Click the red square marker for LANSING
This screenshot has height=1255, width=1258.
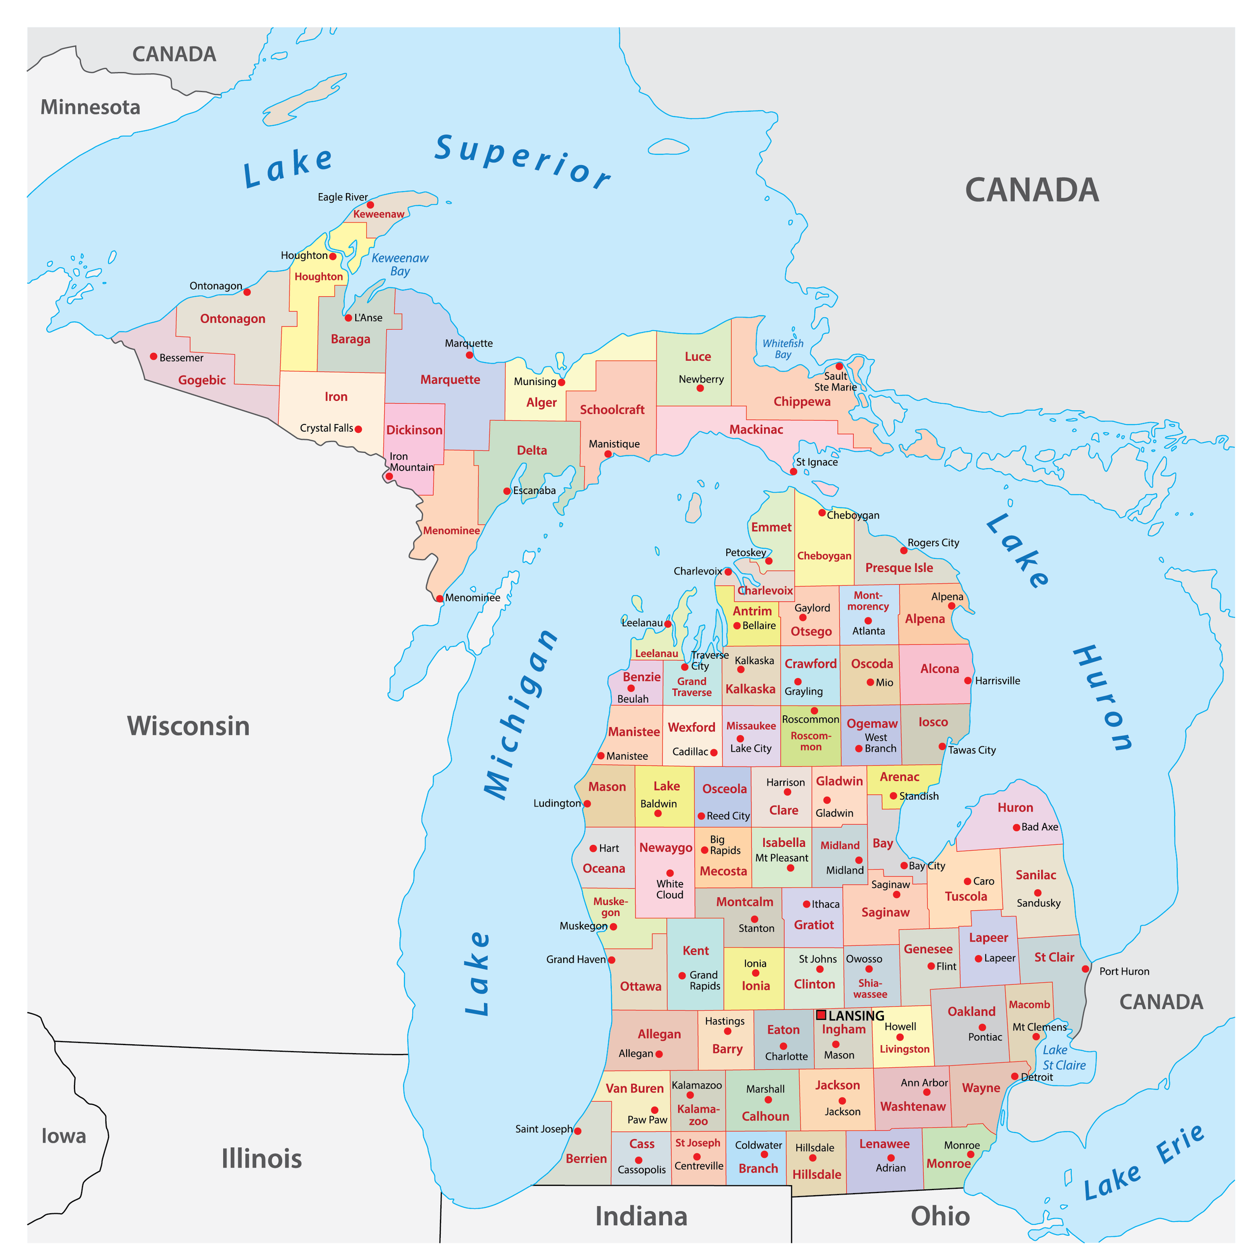[x=821, y=1015]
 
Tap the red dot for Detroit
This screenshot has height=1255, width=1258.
[x=1014, y=1076]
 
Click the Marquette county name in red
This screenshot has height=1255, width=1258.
[x=450, y=380]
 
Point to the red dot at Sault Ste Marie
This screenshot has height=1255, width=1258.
[x=839, y=366]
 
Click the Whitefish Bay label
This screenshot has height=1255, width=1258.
[x=783, y=349]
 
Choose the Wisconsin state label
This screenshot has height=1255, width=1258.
[x=188, y=726]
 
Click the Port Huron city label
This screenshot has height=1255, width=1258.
[x=1124, y=971]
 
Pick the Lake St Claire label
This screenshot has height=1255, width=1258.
[x=1063, y=1058]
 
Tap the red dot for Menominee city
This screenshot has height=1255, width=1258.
[x=439, y=598]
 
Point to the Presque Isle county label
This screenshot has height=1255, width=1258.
[x=899, y=568]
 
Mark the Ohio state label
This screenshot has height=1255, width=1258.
[x=940, y=1216]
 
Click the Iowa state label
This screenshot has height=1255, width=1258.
[x=64, y=1136]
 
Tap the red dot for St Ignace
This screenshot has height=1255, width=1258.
[x=793, y=471]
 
